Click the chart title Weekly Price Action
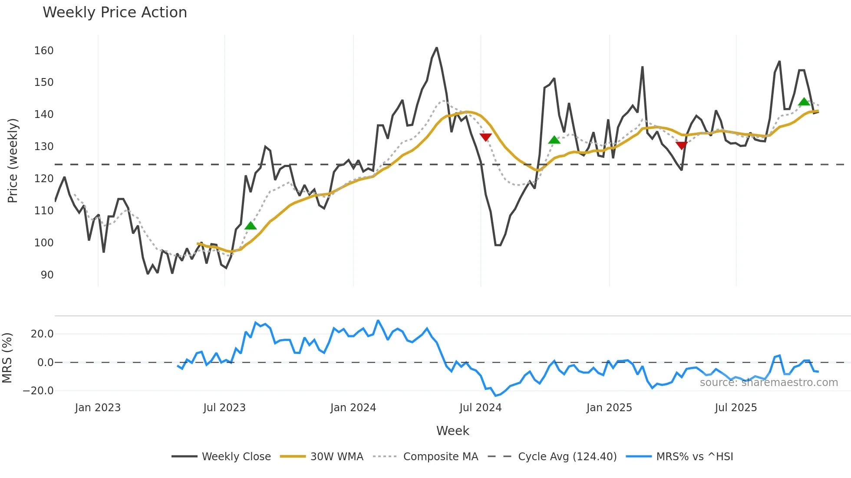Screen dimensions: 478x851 coord(115,13)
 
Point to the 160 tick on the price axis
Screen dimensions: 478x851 coord(44,51)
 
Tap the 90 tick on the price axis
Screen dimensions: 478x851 coord(47,275)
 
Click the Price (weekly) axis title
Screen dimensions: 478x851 coord(13,160)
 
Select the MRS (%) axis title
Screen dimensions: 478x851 coord(7,358)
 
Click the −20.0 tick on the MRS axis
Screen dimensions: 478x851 coord(38,391)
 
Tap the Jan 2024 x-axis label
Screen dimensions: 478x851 coord(353,408)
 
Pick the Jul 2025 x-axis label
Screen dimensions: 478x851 coord(736,408)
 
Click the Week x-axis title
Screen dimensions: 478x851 coord(452,431)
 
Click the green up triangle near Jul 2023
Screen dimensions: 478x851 coord(251,226)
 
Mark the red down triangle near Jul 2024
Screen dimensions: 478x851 coord(485,138)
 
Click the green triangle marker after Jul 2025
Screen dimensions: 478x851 coord(804,102)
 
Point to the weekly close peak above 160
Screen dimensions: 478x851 coord(437,48)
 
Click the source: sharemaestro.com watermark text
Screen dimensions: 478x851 coord(769,383)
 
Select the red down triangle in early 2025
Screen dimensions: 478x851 coord(682,145)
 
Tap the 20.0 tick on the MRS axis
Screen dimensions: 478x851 coord(42,334)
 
